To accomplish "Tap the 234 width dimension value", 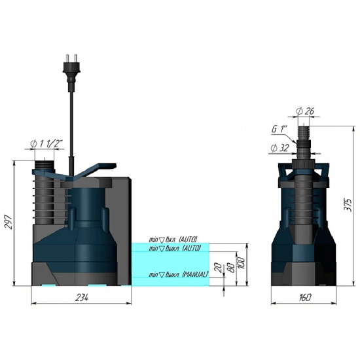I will pyautogui.click(x=81, y=297).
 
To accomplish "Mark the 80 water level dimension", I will pyautogui.click(x=232, y=266).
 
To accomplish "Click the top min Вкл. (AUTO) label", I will pyautogui.click(x=173, y=240).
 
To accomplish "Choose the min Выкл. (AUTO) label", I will pyautogui.click(x=174, y=249).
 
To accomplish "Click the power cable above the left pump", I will pyautogui.click(x=71, y=118).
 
